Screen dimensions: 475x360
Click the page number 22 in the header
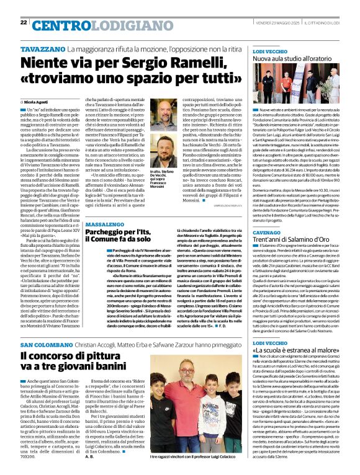pos(24,22)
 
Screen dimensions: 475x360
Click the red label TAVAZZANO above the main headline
pos(43,48)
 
